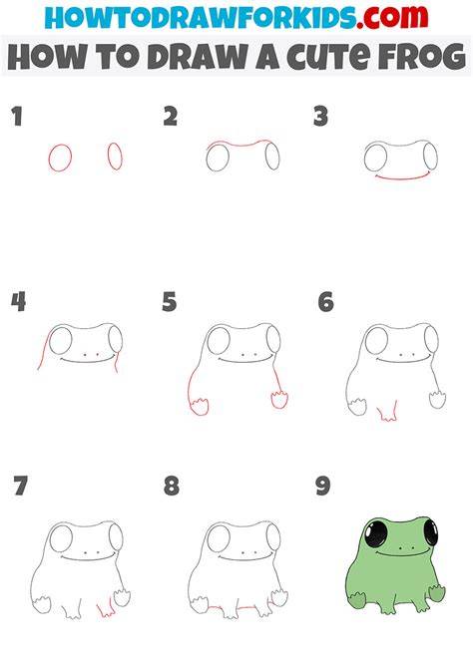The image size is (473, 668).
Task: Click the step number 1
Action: pyautogui.click(x=17, y=117)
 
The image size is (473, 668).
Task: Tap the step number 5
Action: pyautogui.click(x=169, y=302)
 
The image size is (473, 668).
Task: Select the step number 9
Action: pyautogui.click(x=323, y=487)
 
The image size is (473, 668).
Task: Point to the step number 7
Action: pyautogui.click(x=21, y=487)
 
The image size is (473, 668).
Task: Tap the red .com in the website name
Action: pyautogui.click(x=392, y=18)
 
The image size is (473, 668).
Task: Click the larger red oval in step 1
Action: pyautogui.click(x=60, y=158)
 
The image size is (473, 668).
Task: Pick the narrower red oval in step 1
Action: pyautogui.click(x=115, y=156)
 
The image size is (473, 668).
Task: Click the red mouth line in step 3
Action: pyautogui.click(x=402, y=177)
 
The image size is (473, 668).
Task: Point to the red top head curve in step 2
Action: pyautogui.click(x=239, y=144)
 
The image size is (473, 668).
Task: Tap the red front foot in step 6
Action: pyautogui.click(x=388, y=412)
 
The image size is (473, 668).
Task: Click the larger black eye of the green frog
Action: pyautogui.click(x=376, y=534)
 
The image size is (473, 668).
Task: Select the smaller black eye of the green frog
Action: pyautogui.click(x=431, y=532)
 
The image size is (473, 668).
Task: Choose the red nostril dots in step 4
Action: pyautogui.click(x=91, y=354)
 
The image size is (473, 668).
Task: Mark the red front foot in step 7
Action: pyautogui.click(x=106, y=608)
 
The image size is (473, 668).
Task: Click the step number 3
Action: pyautogui.click(x=320, y=117)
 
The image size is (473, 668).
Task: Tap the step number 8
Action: pyautogui.click(x=171, y=487)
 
